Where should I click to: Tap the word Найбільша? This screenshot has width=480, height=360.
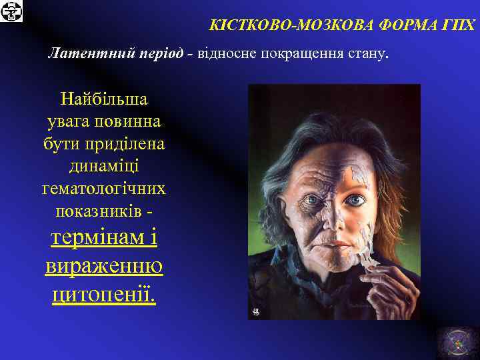[104, 99]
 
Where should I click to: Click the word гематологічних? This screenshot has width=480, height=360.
[104, 189]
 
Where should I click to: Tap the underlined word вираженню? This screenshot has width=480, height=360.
[104, 266]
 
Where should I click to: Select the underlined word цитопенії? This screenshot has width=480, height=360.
[104, 293]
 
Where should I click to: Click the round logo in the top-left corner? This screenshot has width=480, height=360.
[11, 11]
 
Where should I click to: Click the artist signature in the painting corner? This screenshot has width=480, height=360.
[256, 311]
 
